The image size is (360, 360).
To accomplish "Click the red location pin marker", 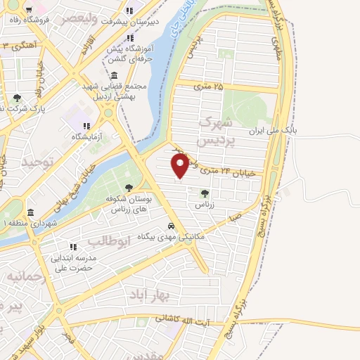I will click(x=181, y=165).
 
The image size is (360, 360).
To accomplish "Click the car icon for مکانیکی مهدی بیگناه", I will click(x=171, y=226).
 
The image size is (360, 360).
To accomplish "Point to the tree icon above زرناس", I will click(x=205, y=193).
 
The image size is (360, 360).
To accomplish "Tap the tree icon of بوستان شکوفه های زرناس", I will click(x=129, y=188).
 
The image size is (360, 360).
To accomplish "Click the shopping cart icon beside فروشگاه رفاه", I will click(x=28, y=11).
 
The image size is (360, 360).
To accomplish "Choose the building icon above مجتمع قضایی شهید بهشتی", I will click(x=114, y=75).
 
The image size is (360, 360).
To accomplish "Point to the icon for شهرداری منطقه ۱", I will click(x=30, y=212).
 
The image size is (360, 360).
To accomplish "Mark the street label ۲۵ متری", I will click(x=208, y=86).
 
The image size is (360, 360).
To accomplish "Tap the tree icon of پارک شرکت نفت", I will click(x=18, y=98).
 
